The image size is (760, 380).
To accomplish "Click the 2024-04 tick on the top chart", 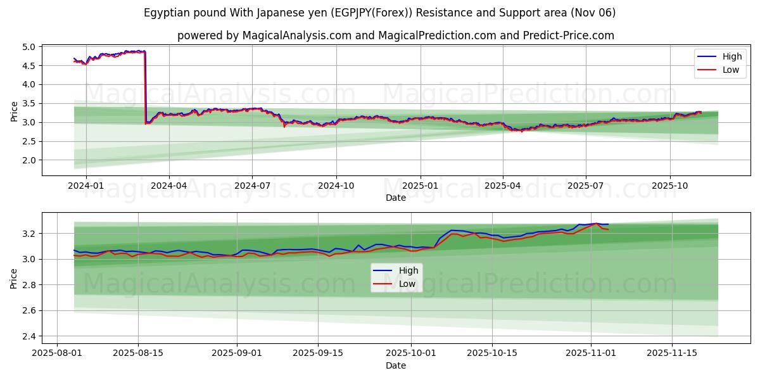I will point(169,185).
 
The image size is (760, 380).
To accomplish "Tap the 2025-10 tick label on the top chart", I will point(670,185).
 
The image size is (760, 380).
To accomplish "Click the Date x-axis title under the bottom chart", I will point(396,365).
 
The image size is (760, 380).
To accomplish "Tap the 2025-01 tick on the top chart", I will point(421,185).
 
